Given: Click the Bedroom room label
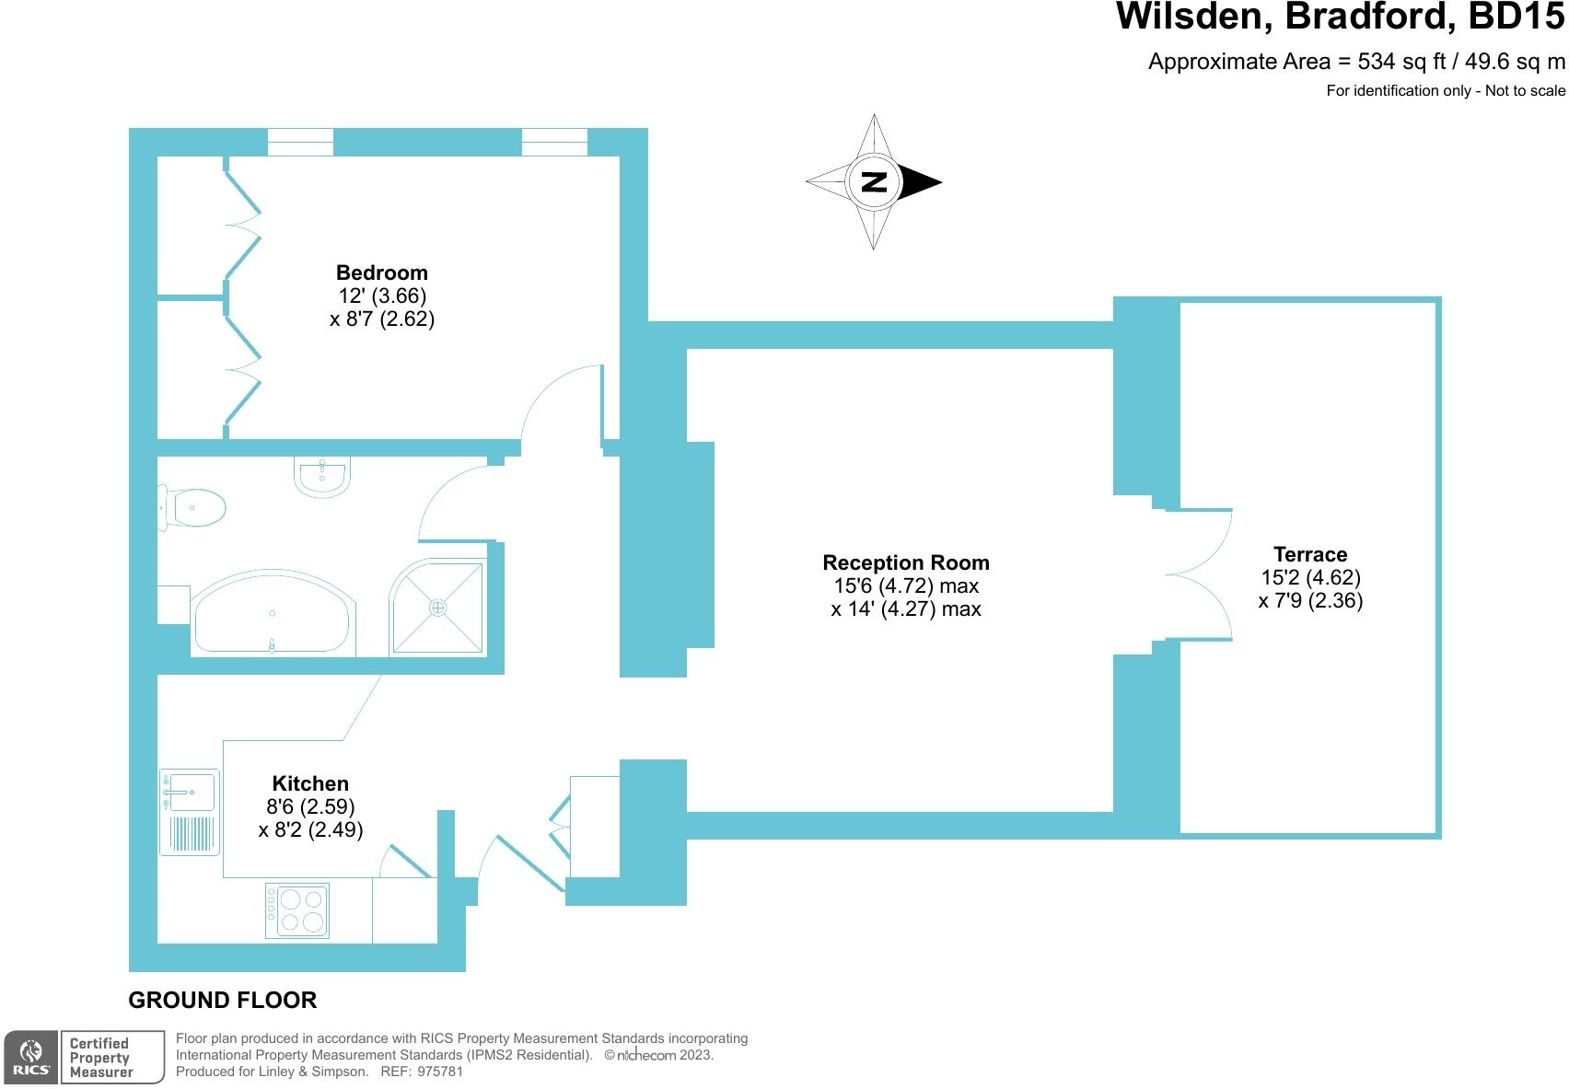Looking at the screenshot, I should (381, 272).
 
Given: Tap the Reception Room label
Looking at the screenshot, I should (905, 562).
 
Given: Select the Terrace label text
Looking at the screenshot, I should (1309, 554).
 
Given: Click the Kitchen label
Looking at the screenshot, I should (310, 783).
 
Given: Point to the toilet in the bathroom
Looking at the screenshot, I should (193, 507).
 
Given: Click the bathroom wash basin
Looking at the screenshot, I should (322, 476).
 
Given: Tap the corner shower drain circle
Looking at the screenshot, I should (438, 608).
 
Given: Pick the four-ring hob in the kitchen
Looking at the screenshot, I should (297, 910).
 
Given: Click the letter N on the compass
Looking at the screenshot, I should (873, 181).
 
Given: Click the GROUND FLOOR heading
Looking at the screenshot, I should (222, 1000).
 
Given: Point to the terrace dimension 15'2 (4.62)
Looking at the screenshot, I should (1309, 577).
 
